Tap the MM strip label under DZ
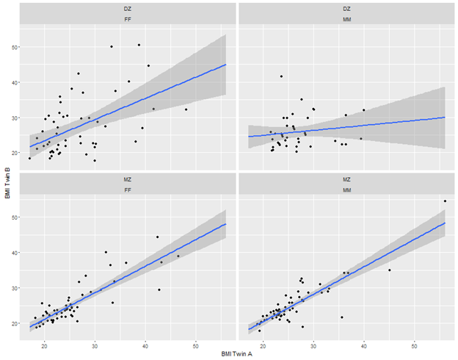347,20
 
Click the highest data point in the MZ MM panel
445,201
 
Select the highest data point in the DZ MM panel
281,76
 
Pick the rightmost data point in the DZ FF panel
186,109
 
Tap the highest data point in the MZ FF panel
157,237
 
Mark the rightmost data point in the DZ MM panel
363,110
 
